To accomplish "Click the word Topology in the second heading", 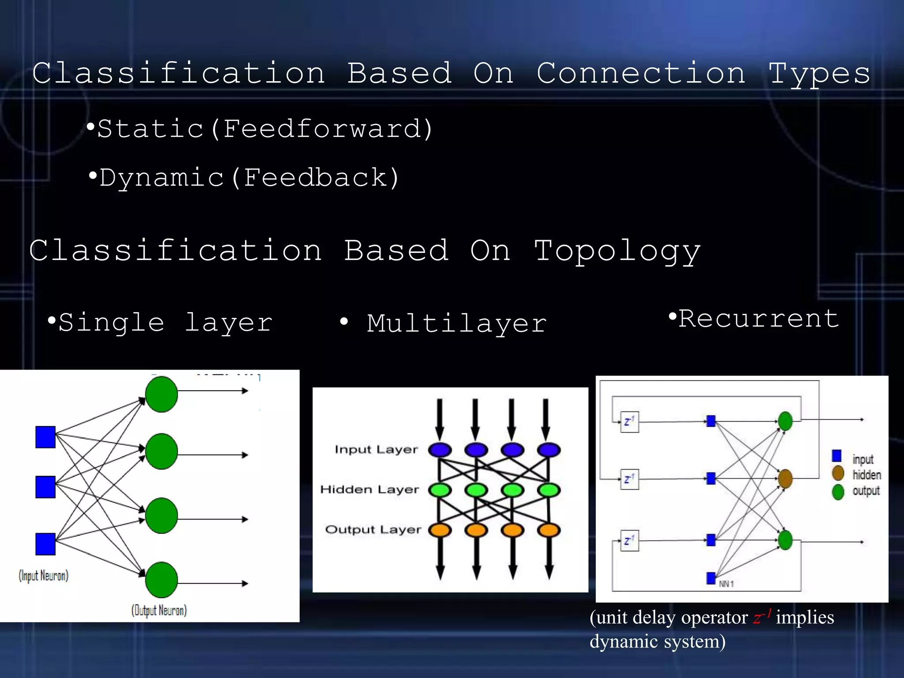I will pos(617,251).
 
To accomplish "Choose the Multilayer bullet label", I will pos(456,324).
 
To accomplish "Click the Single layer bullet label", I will pos(166,323).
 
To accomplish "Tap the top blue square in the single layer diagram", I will pos(45,437).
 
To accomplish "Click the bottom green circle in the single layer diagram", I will pos(162,580).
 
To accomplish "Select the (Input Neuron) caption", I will pos(43,576).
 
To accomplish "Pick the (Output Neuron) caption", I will pos(159,610).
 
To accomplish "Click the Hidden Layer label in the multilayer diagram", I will pos(369,490).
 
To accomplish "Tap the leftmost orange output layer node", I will pos(440,530).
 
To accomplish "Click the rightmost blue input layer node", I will pos(549,450).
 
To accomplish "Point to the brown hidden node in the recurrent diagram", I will pos(785,478).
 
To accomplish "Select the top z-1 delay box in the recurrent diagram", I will pos(629,422).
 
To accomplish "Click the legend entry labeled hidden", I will pos(866,475).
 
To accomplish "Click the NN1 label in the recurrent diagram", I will pos(726,584).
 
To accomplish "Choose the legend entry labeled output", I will pos(866,491).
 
